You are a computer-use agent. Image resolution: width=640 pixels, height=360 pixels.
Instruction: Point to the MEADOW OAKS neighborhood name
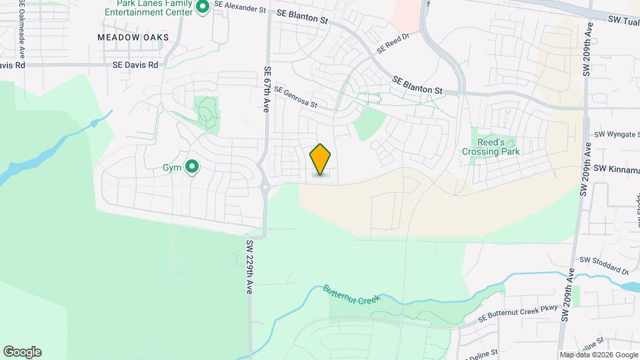[133, 37]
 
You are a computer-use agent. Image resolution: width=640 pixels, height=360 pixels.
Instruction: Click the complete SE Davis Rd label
[135, 65]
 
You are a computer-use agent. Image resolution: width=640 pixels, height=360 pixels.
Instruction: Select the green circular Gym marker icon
[192, 167]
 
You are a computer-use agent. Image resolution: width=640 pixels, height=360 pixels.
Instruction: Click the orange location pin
[321, 159]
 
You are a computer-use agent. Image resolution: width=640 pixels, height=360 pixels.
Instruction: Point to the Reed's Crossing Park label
[491, 147]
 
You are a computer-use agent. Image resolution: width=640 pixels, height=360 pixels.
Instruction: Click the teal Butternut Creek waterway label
[351, 295]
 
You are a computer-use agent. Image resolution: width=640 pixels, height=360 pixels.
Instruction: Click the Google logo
[21, 352]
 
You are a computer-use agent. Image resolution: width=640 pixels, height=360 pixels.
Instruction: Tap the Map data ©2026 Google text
[598, 355]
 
